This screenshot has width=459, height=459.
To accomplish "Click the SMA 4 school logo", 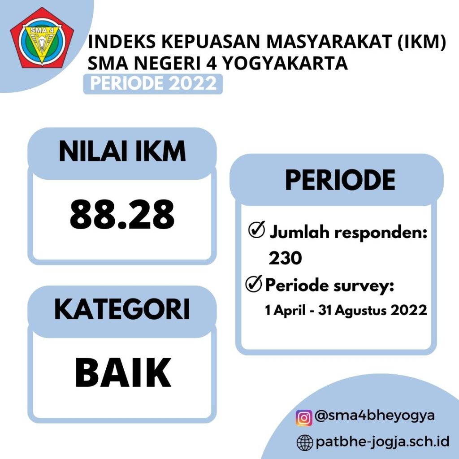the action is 42,38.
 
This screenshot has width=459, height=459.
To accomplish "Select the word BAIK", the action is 123,372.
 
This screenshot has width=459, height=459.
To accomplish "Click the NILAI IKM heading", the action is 122,151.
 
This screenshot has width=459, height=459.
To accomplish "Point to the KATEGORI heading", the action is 122,309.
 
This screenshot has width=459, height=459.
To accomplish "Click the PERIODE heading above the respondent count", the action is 340,180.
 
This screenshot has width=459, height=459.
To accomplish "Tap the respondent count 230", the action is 285,258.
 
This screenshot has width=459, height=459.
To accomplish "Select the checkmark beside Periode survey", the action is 254,284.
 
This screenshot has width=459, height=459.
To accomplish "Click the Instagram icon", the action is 304,417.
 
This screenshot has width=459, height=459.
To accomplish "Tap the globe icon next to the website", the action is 305,442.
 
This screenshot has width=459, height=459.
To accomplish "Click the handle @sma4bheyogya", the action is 374,416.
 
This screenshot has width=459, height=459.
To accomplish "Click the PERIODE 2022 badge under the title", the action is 153,84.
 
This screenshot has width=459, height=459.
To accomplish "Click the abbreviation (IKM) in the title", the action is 421,42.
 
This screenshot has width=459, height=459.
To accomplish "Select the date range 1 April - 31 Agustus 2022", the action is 346,310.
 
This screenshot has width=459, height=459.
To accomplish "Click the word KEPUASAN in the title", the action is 211,41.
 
